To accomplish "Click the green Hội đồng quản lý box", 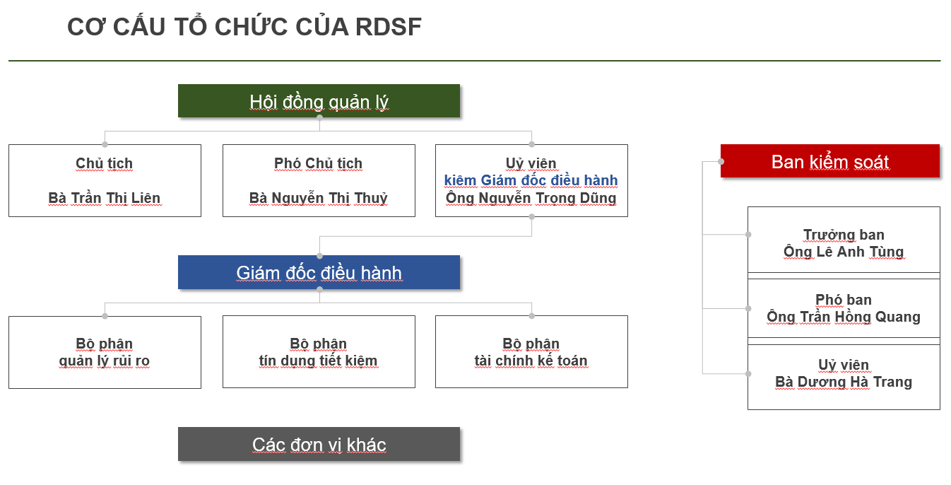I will click(x=319, y=101).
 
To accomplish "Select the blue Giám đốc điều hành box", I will click(x=319, y=272).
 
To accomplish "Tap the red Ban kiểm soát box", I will click(x=829, y=161).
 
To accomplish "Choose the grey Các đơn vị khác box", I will click(x=319, y=444).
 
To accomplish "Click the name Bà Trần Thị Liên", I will click(x=105, y=198).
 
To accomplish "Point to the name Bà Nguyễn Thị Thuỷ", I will click(x=319, y=198).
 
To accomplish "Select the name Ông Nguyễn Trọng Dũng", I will click(x=531, y=198).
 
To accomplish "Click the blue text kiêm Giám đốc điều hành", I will click(x=531, y=180).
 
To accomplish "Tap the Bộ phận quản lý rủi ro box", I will click(x=105, y=352).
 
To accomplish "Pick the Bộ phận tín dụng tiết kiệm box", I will click(x=319, y=352).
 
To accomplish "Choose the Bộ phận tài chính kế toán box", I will click(x=531, y=352).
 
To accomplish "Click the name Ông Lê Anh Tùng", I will click(x=844, y=252).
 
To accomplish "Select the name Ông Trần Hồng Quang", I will click(x=844, y=317).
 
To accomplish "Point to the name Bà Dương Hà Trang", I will click(x=844, y=382).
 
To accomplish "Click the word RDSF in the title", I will click(x=389, y=27).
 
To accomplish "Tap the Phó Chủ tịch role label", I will click(x=319, y=163).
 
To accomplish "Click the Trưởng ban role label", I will click(x=844, y=235).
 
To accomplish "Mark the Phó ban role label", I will click(x=844, y=300).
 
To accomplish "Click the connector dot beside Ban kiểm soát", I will click(x=721, y=161).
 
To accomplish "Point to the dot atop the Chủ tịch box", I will click(x=105, y=144).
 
